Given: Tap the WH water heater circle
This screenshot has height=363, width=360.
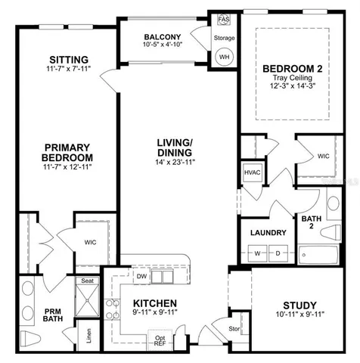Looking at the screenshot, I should point(224,56).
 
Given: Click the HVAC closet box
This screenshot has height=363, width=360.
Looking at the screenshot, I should point(252,172).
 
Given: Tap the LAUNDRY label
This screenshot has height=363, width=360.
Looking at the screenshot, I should point(268,233).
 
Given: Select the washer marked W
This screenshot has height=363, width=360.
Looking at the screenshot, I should point(257,253).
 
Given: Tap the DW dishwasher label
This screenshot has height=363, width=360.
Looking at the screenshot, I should point(141,276).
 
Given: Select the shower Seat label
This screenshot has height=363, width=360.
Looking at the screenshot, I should point(87,281).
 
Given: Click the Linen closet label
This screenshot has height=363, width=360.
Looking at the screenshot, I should point(88,336).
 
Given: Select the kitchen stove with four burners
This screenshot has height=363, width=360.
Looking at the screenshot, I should point(112,309).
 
